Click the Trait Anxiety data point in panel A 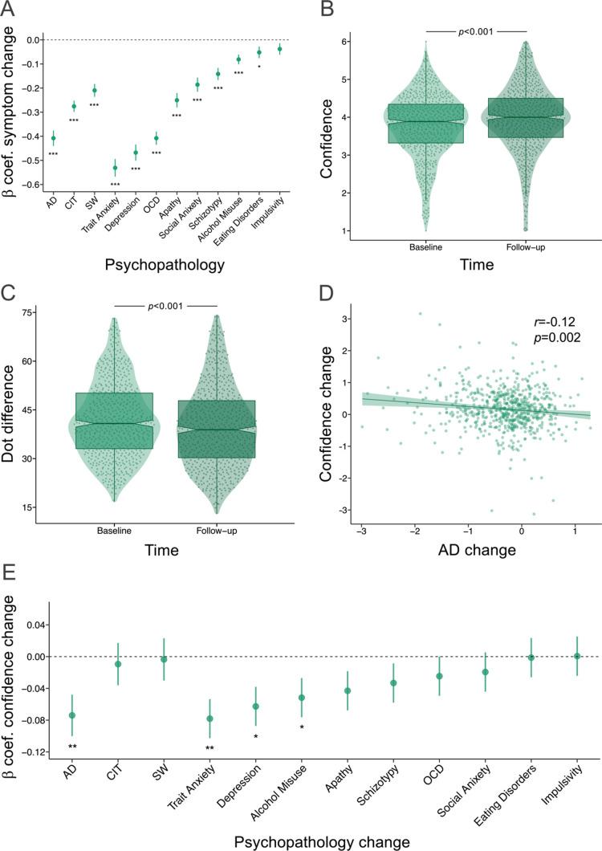115,168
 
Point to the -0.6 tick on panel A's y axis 31,185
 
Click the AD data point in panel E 72,715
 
